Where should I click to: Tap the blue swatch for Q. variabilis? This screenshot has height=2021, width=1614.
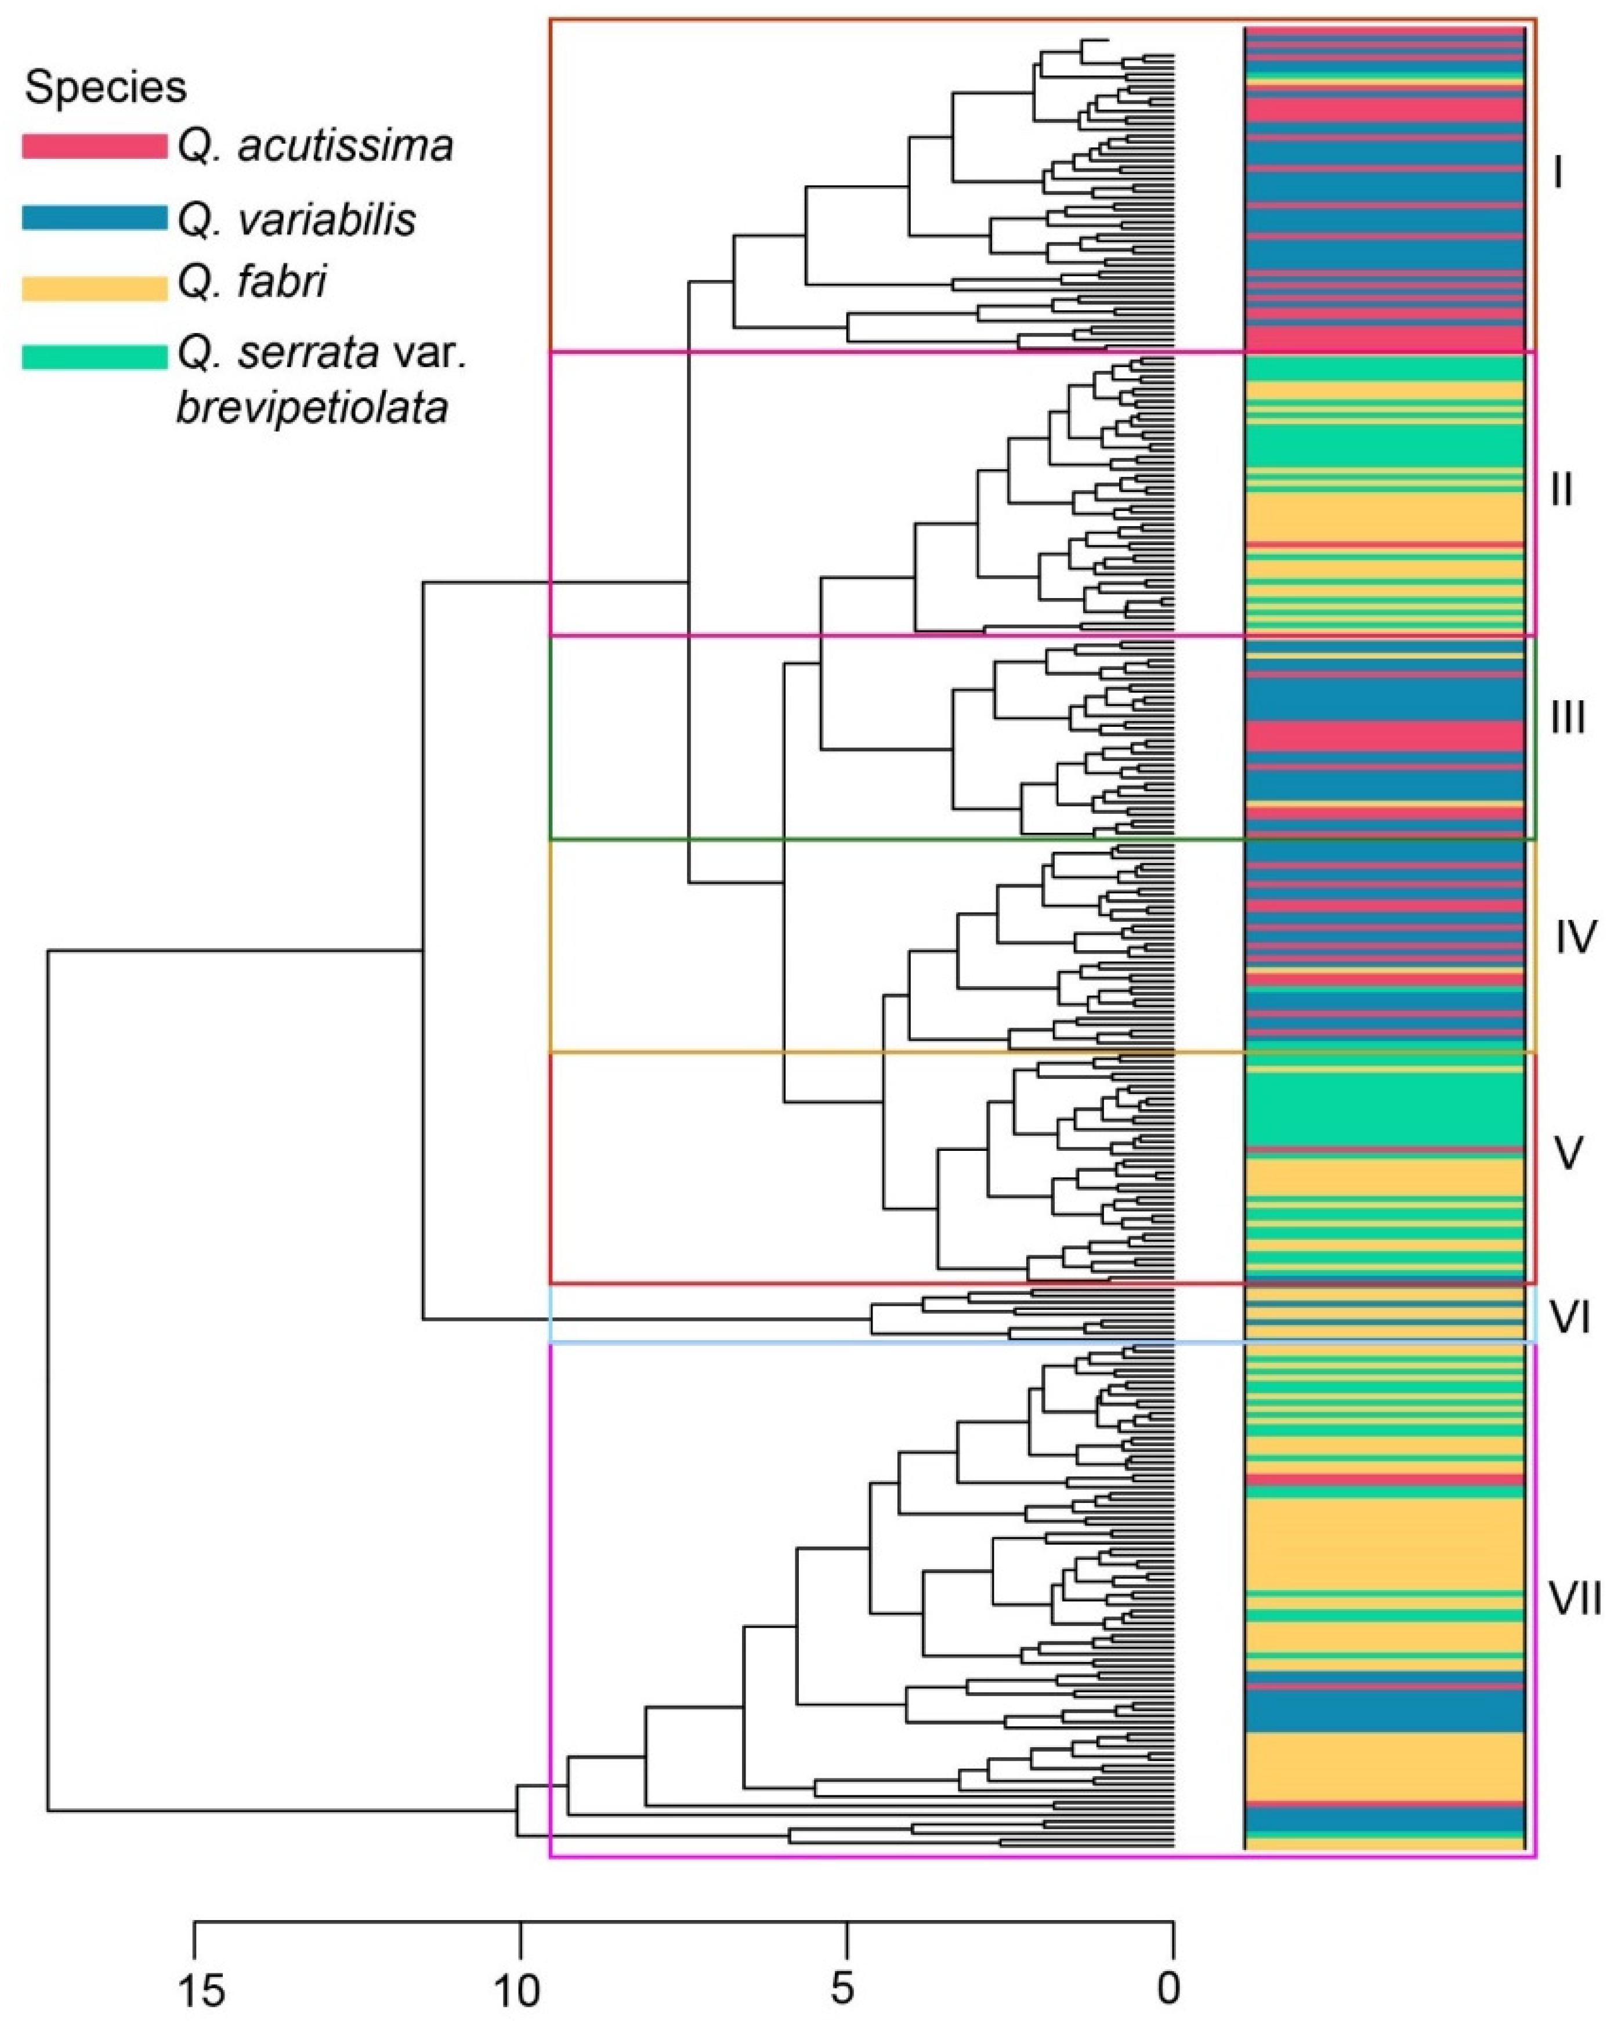[94, 219]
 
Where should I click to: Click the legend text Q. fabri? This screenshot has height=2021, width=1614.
[252, 282]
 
